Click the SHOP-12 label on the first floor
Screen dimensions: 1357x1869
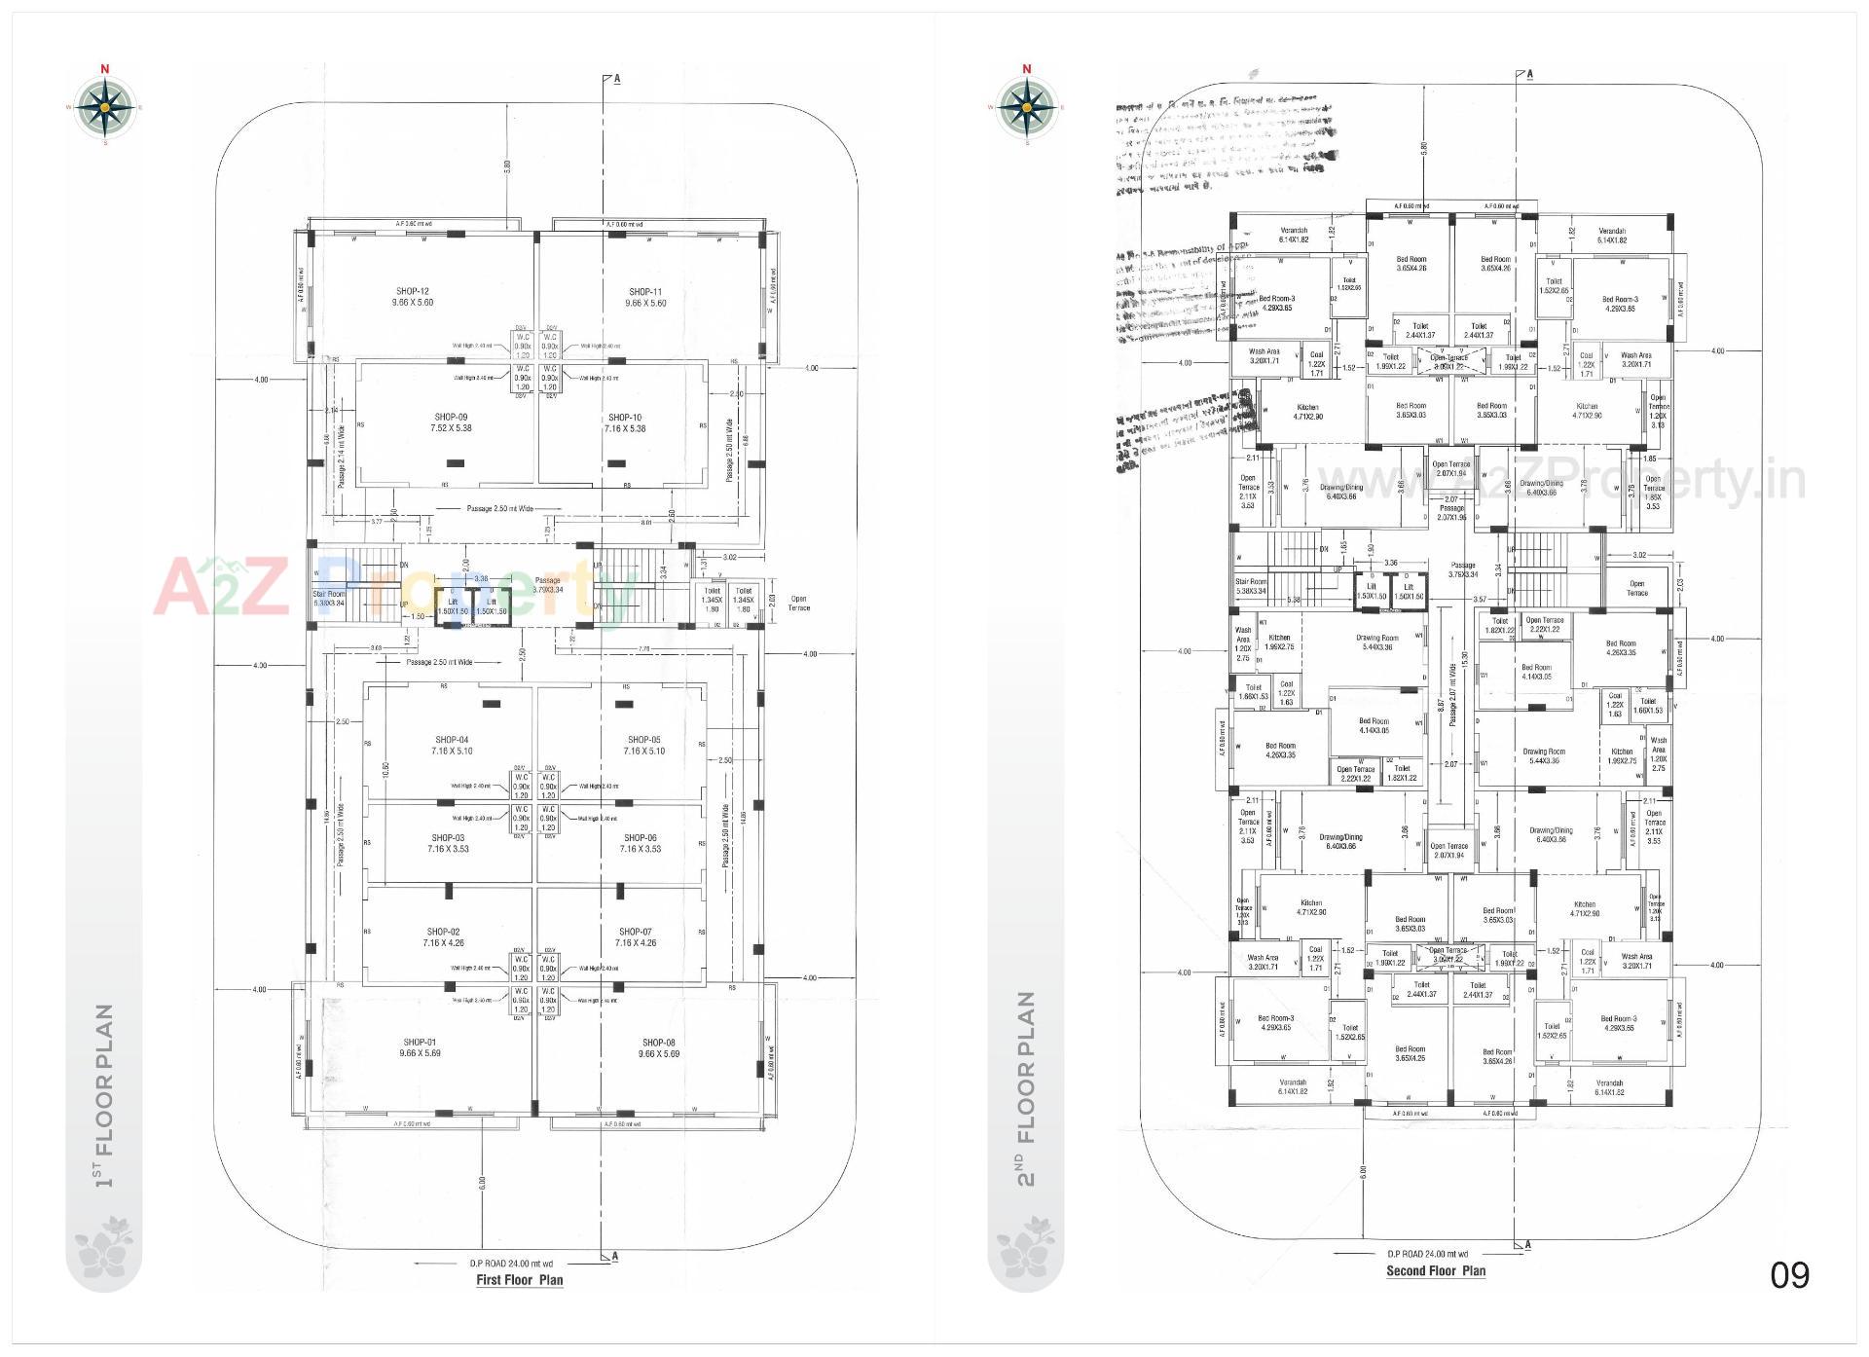[x=413, y=297]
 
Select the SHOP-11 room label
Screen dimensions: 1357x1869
[x=645, y=298]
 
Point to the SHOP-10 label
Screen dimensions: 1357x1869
[x=625, y=422]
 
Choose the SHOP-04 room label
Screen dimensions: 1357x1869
[x=452, y=746]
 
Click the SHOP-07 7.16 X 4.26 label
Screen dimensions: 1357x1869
[x=636, y=937]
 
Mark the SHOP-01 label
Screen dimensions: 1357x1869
[x=420, y=1047]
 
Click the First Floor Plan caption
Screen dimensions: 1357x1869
[x=519, y=1280]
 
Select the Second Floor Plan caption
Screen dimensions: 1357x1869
[x=1436, y=1271]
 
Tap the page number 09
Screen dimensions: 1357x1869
[x=1789, y=1275]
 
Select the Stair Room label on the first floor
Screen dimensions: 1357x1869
[x=329, y=598]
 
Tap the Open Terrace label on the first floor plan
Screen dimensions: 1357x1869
[x=799, y=604]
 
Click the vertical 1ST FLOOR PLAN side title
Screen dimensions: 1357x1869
[x=103, y=1095]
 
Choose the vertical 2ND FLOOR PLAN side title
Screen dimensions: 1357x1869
[x=1025, y=1088]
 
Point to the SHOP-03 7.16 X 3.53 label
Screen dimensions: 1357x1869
[x=448, y=843]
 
